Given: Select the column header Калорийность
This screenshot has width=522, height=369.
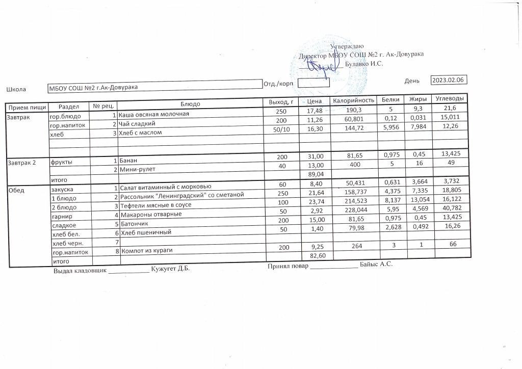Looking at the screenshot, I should (x=354, y=100).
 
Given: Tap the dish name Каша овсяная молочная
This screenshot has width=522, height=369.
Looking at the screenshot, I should (x=154, y=113).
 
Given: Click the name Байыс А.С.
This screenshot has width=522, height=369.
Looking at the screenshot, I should (x=377, y=265).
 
